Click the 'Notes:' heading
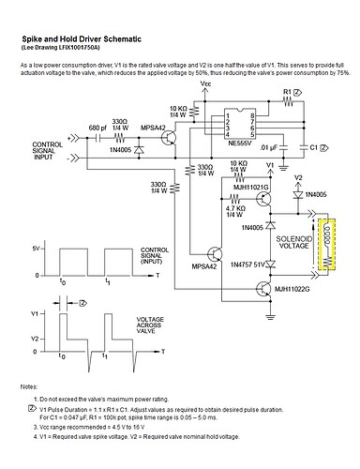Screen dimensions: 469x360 point(28,387)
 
